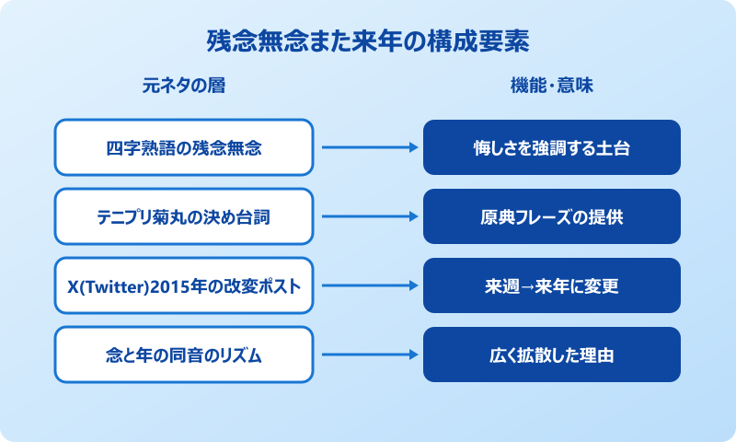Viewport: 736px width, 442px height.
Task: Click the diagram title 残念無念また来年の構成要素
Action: point(368,43)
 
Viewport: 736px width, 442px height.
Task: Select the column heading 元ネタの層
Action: point(184,87)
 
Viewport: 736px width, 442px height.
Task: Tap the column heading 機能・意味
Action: point(552,87)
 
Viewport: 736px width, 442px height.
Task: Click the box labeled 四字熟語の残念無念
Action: point(184,147)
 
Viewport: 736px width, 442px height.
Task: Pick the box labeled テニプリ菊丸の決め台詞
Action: point(184,216)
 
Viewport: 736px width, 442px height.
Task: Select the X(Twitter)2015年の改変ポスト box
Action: point(184,285)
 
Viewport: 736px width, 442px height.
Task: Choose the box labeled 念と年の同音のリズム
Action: point(184,355)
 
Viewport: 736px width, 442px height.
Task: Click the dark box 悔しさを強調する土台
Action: point(552,147)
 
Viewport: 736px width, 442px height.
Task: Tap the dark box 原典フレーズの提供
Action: point(552,216)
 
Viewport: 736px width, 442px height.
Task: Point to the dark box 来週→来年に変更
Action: point(552,285)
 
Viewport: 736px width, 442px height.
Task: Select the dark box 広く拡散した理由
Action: point(552,355)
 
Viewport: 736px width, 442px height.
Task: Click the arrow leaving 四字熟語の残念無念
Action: point(368,147)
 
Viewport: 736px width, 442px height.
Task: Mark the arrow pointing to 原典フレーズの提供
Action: point(368,216)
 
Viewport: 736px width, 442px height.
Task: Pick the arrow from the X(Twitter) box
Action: point(368,285)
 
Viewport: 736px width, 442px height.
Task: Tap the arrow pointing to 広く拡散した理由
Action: point(368,355)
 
